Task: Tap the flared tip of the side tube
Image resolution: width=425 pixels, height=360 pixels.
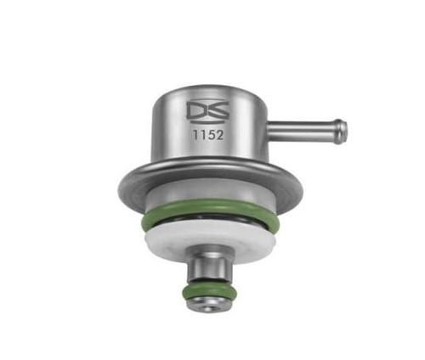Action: pyautogui.click(x=340, y=131)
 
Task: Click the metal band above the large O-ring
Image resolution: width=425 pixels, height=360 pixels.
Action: pyautogui.click(x=204, y=200)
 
